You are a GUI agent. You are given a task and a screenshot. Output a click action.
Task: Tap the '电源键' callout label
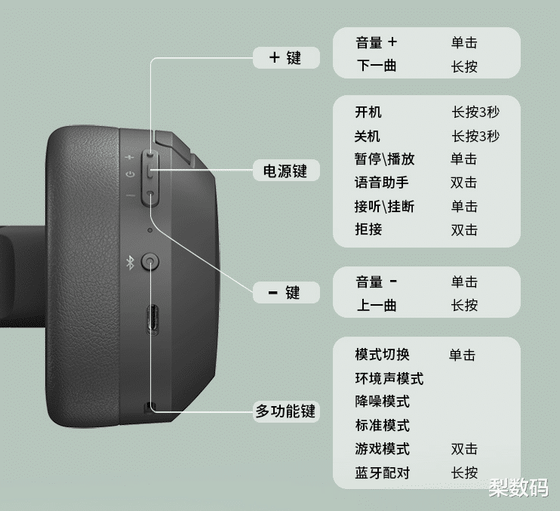coord(285,171)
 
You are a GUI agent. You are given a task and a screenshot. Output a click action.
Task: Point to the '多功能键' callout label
coord(285,411)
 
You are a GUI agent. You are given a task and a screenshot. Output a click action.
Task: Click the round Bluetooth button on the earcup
coord(152,263)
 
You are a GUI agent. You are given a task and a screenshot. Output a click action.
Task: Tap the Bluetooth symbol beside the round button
coord(129,263)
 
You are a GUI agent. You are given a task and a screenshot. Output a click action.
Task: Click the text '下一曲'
coord(376,66)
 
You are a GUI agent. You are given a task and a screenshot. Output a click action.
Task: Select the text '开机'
coord(368,112)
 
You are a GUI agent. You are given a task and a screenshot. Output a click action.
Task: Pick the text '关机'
coord(368,136)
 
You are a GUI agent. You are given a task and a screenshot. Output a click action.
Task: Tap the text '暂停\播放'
coord(384,159)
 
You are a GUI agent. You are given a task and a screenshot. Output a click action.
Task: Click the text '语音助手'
coord(381,183)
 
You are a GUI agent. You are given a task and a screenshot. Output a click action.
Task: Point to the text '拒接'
coord(368,229)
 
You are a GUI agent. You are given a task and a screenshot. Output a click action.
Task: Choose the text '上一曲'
coord(376,306)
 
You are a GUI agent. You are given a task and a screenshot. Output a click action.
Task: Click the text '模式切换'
coord(382,355)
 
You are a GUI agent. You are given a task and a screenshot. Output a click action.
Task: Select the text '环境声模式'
coord(389,378)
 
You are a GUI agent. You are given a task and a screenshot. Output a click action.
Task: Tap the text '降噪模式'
coord(382,402)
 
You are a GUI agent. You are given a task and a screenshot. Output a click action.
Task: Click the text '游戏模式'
coord(382,449)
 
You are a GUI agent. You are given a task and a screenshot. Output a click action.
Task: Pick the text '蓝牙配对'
coord(382,473)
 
